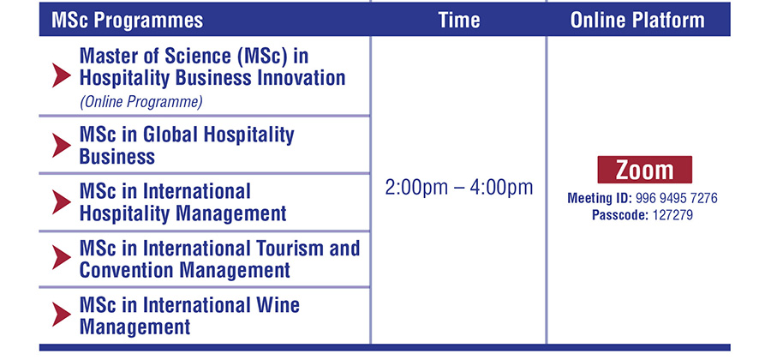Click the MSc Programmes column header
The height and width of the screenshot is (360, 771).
click(x=127, y=21)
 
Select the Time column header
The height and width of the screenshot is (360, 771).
click(x=459, y=21)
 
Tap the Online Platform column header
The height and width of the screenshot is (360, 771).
click(x=637, y=21)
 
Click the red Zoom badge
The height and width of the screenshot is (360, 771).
click(x=644, y=170)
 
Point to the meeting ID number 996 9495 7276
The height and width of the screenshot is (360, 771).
click(x=676, y=198)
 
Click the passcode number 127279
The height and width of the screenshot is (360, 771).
click(x=672, y=215)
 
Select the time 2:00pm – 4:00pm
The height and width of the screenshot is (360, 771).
click(x=459, y=188)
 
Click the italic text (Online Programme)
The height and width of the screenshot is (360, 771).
click(x=141, y=102)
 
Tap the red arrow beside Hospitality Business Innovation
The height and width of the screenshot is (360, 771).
click(x=62, y=75)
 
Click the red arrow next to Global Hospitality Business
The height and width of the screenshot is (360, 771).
click(x=62, y=146)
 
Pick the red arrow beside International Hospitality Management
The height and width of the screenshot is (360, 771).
click(x=62, y=202)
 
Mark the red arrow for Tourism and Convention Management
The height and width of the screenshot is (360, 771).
click(x=62, y=258)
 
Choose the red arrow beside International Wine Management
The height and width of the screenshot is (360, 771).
click(x=62, y=315)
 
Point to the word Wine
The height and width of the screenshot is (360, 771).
click(x=275, y=305)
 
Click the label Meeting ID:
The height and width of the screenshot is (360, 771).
click(x=600, y=198)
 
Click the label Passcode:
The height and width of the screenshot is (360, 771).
click(x=620, y=215)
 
